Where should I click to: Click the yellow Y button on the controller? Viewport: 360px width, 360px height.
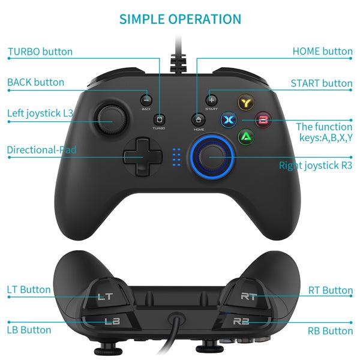[245, 103]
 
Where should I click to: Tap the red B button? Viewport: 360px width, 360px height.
[262, 119]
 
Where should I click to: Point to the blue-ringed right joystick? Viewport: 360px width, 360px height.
[210, 157]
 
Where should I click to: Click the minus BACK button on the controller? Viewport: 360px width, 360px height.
[146, 100]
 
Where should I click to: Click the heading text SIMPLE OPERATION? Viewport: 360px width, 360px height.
[180, 19]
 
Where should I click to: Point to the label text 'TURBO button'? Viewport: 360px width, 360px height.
[40, 51]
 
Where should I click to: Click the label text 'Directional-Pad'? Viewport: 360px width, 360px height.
[42, 150]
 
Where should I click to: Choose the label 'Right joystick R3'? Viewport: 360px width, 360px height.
[316, 165]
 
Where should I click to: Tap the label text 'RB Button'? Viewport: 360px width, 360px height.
[330, 331]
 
